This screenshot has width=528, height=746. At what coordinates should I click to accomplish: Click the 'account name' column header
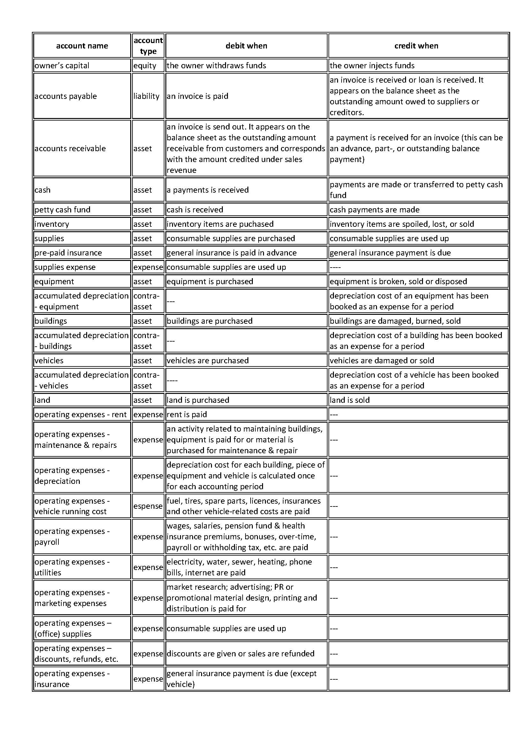click(x=82, y=46)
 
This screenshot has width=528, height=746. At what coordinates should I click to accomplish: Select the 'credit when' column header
click(x=416, y=46)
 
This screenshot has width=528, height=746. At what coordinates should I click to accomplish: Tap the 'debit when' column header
click(x=246, y=46)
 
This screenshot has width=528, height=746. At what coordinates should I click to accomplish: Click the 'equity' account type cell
click(x=145, y=66)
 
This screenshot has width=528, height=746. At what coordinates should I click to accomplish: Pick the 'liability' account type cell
click(x=146, y=96)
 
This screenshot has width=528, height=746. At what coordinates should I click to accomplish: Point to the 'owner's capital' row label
click(x=62, y=66)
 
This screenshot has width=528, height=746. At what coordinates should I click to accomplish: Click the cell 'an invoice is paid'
click(x=197, y=96)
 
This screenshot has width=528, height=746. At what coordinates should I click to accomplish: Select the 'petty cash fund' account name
click(x=63, y=210)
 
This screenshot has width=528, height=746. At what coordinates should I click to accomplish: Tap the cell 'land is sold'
click(x=350, y=400)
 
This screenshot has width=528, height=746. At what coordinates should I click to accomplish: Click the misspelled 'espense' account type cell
click(x=148, y=506)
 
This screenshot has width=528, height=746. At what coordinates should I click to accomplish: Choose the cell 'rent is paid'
click(x=187, y=414)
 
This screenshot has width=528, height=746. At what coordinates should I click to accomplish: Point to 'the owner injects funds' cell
click(x=372, y=66)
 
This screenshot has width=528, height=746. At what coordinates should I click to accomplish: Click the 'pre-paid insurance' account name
click(x=68, y=253)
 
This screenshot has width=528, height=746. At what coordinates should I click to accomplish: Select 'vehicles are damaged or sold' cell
click(x=382, y=360)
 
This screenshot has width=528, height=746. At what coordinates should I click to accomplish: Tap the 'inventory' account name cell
click(x=52, y=224)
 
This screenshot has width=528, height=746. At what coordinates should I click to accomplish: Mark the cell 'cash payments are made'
click(x=374, y=210)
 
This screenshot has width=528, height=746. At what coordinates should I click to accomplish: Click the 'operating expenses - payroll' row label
click(x=72, y=536)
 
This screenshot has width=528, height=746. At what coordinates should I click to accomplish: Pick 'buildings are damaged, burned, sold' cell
click(x=395, y=321)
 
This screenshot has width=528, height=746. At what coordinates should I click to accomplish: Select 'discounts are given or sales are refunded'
click(x=240, y=654)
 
